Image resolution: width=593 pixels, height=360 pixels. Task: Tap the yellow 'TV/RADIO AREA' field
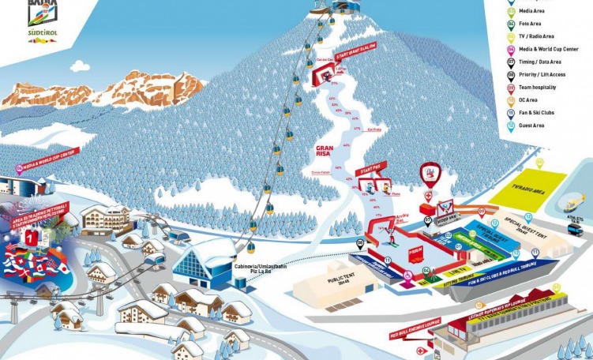524,186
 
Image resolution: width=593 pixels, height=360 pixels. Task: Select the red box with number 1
30,235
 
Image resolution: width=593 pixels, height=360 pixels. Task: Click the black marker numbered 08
361,243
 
